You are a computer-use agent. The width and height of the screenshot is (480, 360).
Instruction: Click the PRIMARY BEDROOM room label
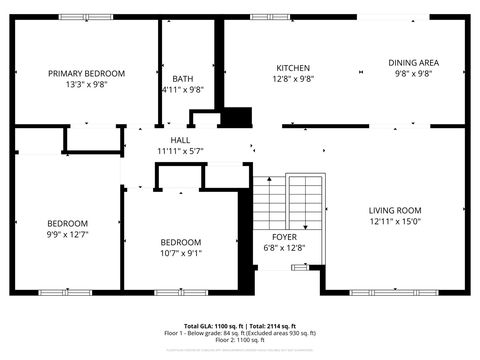point(87,73)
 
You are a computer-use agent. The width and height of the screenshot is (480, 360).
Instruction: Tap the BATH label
point(182,79)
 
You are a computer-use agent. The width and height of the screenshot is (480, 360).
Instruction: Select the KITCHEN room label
point(293,68)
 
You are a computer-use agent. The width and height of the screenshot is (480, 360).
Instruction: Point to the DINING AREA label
point(413,63)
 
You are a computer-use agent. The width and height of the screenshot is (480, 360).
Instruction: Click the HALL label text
point(180,140)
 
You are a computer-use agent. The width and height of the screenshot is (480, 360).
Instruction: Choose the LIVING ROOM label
point(394,210)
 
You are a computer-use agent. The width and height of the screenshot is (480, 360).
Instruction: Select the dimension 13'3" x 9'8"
point(87,84)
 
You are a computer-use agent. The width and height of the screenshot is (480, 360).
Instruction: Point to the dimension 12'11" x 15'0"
point(394,221)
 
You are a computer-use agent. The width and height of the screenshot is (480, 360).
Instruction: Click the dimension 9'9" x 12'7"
point(67,234)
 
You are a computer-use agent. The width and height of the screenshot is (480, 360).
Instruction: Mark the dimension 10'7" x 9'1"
point(181,253)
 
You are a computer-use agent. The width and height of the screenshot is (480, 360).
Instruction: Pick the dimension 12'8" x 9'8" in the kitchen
point(293,79)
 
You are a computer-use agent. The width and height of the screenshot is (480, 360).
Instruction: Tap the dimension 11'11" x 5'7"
point(180,151)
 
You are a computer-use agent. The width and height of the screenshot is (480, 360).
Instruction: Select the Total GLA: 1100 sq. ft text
point(213,327)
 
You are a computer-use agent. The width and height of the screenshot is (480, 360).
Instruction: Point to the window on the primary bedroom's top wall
point(86,16)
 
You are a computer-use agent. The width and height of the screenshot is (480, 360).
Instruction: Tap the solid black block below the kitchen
point(236,117)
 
